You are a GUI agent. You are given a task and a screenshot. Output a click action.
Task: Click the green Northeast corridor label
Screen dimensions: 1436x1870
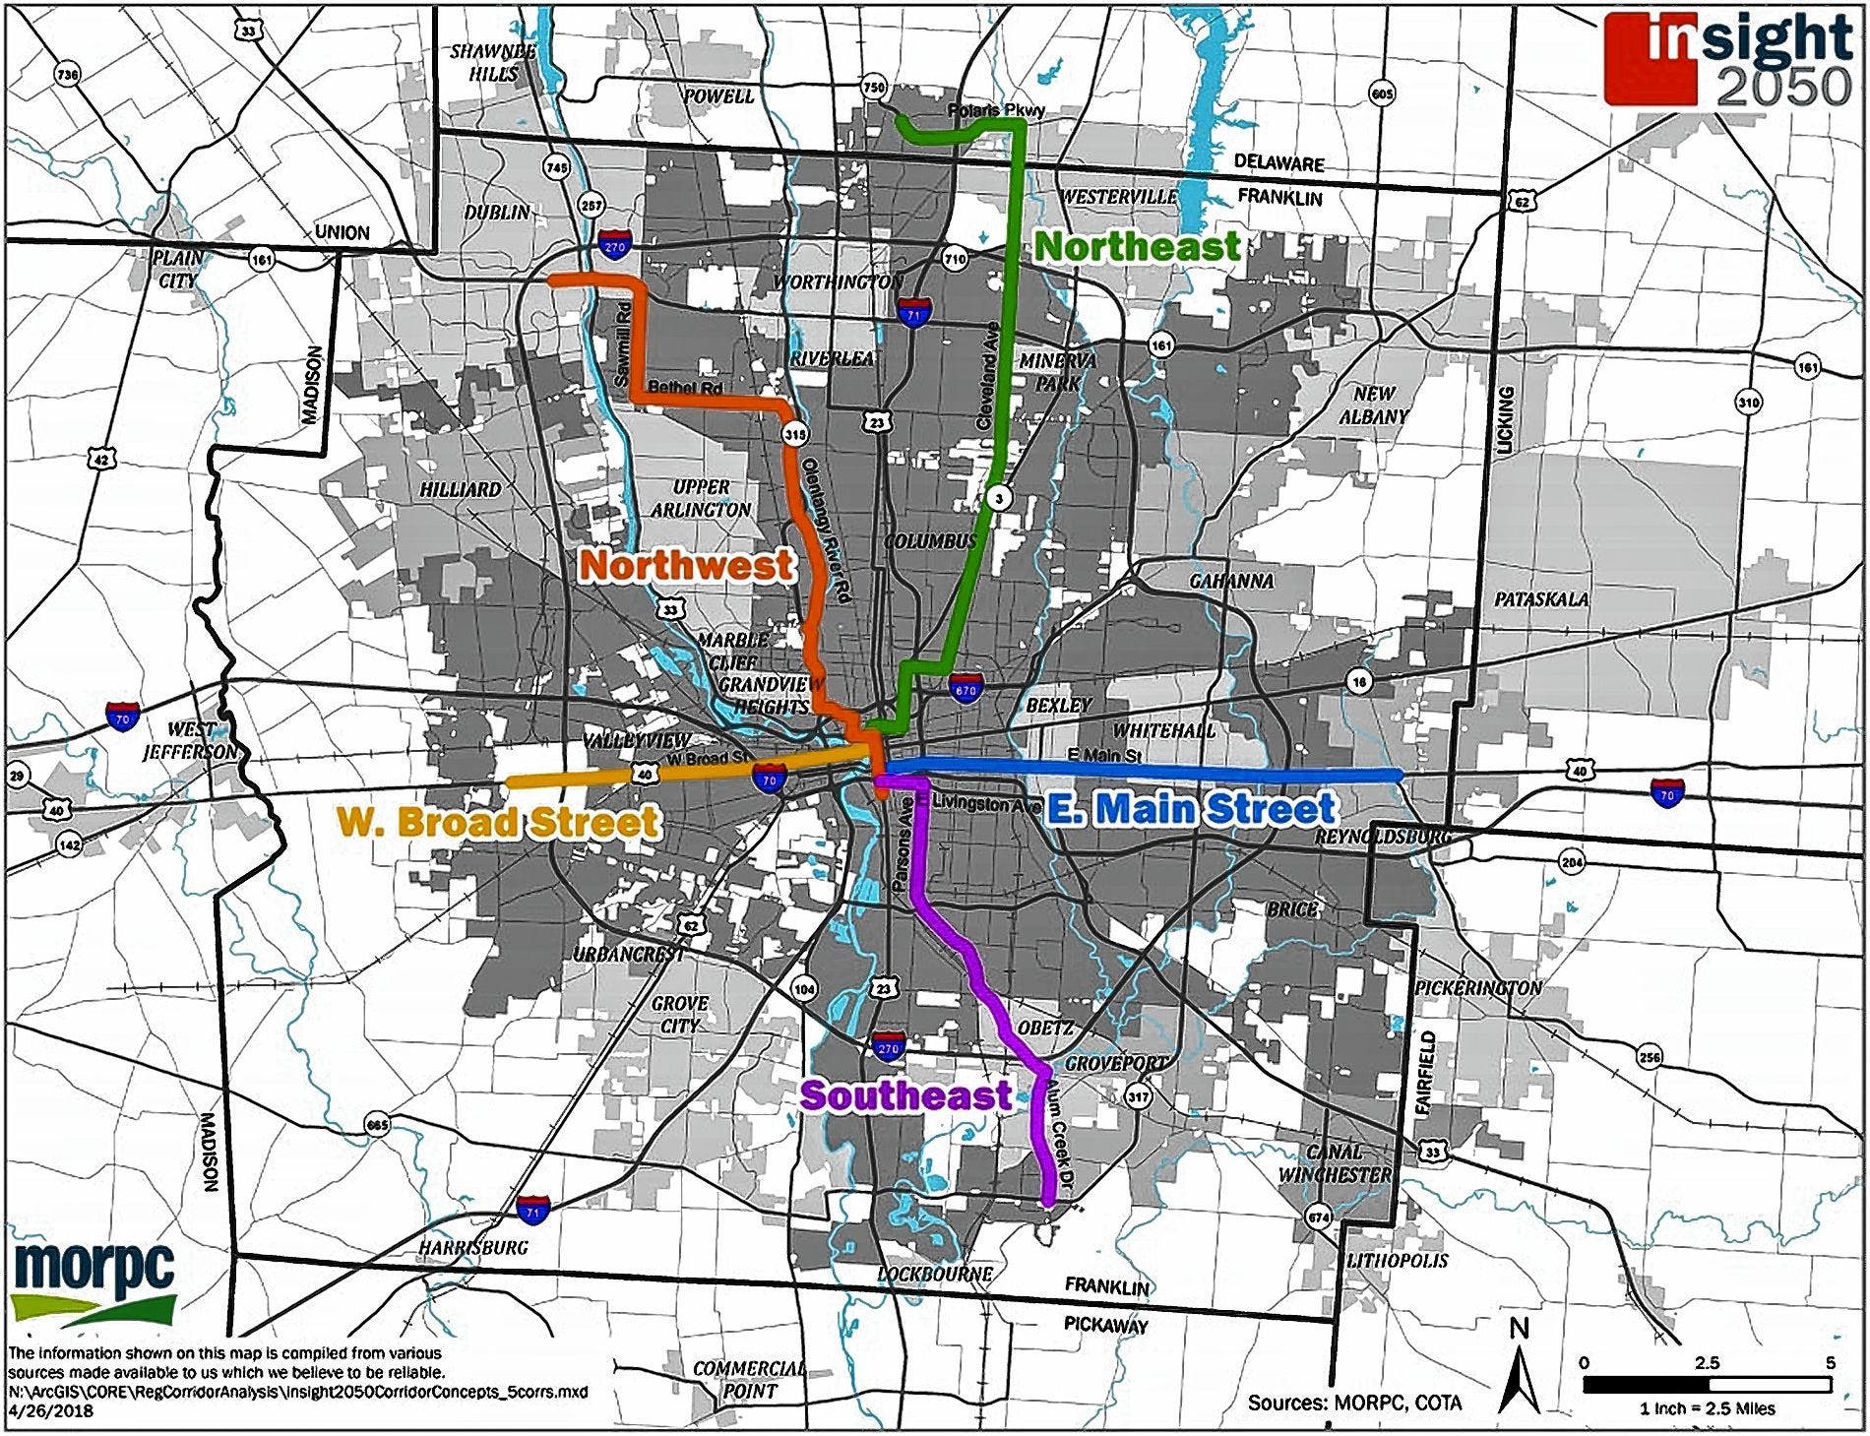(x=1137, y=246)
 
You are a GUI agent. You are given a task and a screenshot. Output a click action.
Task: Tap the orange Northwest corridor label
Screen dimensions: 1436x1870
(x=686, y=565)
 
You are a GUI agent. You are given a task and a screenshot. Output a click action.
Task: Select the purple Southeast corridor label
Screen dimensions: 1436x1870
(x=905, y=1095)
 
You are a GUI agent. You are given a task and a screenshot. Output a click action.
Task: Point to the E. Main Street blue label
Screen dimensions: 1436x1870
(x=1190, y=809)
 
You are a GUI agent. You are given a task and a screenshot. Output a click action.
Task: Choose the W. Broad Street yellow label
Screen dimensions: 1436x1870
(x=497, y=822)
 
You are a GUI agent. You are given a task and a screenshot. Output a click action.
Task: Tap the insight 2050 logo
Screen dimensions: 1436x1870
(x=1728, y=59)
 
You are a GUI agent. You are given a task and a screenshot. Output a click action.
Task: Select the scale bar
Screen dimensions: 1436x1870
(x=1706, y=1384)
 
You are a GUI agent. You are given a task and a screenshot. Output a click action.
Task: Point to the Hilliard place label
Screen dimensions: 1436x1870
(x=461, y=489)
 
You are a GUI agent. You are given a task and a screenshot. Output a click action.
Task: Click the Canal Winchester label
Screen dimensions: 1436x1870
(x=1335, y=1162)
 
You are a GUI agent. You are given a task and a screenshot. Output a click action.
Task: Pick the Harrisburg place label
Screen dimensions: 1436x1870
(x=472, y=1247)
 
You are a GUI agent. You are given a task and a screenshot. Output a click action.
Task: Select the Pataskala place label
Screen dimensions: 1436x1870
(x=1540, y=598)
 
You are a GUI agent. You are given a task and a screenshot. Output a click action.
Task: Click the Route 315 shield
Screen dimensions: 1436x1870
(x=794, y=433)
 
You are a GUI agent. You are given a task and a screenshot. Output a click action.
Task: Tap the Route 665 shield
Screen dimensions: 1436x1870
(x=377, y=1125)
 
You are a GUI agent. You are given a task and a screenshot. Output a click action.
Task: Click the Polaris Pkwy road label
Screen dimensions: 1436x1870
(x=995, y=111)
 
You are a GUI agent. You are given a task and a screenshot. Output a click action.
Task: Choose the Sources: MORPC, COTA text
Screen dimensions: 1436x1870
(x=1354, y=1403)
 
